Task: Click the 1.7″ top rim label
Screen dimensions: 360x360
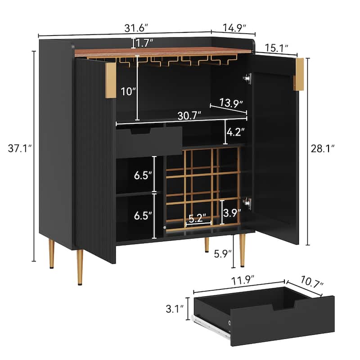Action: [144, 43]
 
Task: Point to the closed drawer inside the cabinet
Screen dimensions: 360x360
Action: [149, 141]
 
